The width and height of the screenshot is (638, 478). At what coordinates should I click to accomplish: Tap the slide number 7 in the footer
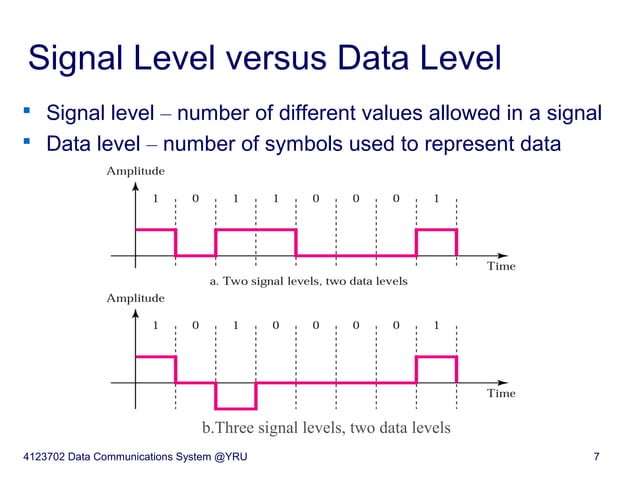(x=596, y=458)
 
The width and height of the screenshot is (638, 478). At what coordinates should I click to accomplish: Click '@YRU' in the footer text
(x=225, y=458)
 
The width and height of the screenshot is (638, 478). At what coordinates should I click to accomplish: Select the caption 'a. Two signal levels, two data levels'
(x=308, y=282)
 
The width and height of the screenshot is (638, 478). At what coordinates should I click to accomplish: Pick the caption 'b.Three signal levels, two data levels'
(x=326, y=428)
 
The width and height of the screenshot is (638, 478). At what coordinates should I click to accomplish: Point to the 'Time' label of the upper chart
(x=500, y=267)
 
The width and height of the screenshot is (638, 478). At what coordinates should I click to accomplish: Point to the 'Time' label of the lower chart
(x=500, y=393)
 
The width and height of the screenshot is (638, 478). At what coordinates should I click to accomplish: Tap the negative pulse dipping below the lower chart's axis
(x=236, y=396)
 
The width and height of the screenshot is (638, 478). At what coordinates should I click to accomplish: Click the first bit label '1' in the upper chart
(x=155, y=198)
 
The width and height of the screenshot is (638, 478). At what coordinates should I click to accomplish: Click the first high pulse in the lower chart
(x=155, y=369)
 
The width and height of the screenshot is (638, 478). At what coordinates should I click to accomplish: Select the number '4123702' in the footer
(x=51, y=458)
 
